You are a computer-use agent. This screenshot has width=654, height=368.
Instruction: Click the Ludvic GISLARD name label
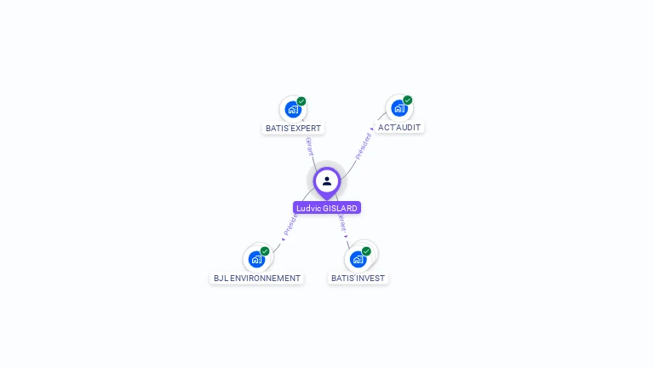[x=327, y=208]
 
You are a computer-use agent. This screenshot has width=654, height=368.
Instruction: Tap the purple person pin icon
[x=327, y=181]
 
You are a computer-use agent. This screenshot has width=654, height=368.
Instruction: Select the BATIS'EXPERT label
[x=293, y=129]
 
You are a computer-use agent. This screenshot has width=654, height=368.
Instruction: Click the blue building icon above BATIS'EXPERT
[x=293, y=109]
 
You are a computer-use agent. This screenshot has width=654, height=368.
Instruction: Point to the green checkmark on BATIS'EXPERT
[x=301, y=101]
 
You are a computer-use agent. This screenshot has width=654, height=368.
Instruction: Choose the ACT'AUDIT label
[x=399, y=128]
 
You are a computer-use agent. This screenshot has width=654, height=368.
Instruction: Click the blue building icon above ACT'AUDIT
[x=399, y=108]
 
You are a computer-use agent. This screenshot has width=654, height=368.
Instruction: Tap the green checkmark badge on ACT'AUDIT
[x=408, y=101]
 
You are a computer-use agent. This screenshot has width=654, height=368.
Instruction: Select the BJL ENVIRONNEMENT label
[x=257, y=279]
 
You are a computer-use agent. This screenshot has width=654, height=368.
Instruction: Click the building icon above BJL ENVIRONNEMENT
[x=256, y=259]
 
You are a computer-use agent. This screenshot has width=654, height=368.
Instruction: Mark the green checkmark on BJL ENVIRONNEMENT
[x=265, y=251]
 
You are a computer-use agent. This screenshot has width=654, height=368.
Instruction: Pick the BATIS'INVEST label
[x=359, y=279]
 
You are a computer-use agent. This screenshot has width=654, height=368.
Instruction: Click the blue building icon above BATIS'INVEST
[x=358, y=259]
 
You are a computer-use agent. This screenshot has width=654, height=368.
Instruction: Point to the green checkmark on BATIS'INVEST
[x=366, y=251]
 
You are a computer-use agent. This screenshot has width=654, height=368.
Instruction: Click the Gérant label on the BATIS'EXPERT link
[x=309, y=146]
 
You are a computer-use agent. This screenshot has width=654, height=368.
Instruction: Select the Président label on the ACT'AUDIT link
[x=364, y=146]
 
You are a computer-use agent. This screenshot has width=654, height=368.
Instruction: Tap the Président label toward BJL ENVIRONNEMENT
[x=290, y=223]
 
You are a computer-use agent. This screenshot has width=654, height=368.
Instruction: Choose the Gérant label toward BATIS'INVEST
[x=342, y=223]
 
